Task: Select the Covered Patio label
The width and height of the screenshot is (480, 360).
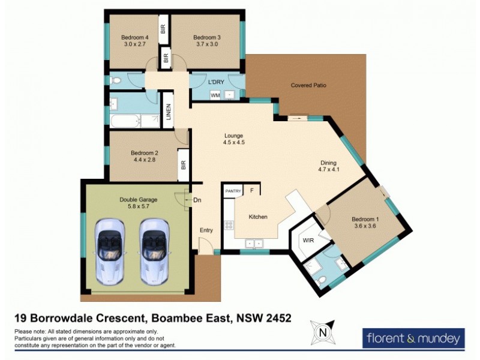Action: [x=308, y=85]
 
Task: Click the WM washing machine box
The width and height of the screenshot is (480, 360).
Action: [x=215, y=95]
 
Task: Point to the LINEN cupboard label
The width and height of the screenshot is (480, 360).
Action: [x=169, y=113]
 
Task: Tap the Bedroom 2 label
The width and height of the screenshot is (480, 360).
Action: [x=144, y=153]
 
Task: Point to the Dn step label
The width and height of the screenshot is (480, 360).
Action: [x=196, y=200]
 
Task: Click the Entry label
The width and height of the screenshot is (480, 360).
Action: [x=206, y=230]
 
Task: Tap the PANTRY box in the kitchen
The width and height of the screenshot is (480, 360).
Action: [x=233, y=191]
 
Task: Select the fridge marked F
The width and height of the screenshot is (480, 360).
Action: [x=251, y=190]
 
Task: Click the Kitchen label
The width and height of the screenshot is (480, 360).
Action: [x=258, y=217]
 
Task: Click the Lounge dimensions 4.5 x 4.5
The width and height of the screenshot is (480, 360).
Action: [x=234, y=142]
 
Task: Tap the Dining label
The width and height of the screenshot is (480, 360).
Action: [x=328, y=163]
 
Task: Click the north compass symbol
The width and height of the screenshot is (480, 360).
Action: [x=322, y=332]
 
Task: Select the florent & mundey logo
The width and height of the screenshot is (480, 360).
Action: [x=414, y=337]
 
